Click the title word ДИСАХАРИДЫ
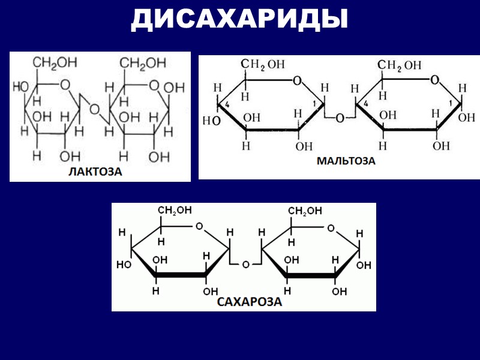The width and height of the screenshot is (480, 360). pos(239,20)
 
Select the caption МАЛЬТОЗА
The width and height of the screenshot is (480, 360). pos(346,161)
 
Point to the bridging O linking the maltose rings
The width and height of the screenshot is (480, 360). pos(340,118)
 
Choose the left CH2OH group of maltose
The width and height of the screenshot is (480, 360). pos(263,65)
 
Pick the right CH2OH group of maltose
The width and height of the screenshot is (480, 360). pos(399,65)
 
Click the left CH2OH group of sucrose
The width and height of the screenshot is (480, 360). pos(175,210)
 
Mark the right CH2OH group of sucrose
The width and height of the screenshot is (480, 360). pos(305,211)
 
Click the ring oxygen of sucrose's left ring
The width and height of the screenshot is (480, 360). pos(199,227)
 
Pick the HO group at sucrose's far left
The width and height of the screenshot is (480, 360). pos(124,264)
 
